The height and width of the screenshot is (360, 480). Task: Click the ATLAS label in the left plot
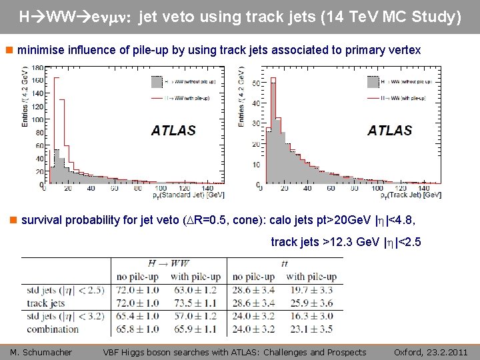[173, 130]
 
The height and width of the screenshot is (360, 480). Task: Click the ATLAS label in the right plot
[389, 130]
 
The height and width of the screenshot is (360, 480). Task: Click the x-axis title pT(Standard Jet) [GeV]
[179, 195]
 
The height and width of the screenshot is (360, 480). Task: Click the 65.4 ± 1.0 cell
[136, 315]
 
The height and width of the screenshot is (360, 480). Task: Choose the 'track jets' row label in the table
[46, 303]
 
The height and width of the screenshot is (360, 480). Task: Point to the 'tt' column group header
[285, 264]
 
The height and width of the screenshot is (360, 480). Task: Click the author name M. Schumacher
[41, 352]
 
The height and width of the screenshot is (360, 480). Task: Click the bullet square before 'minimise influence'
[8, 51]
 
